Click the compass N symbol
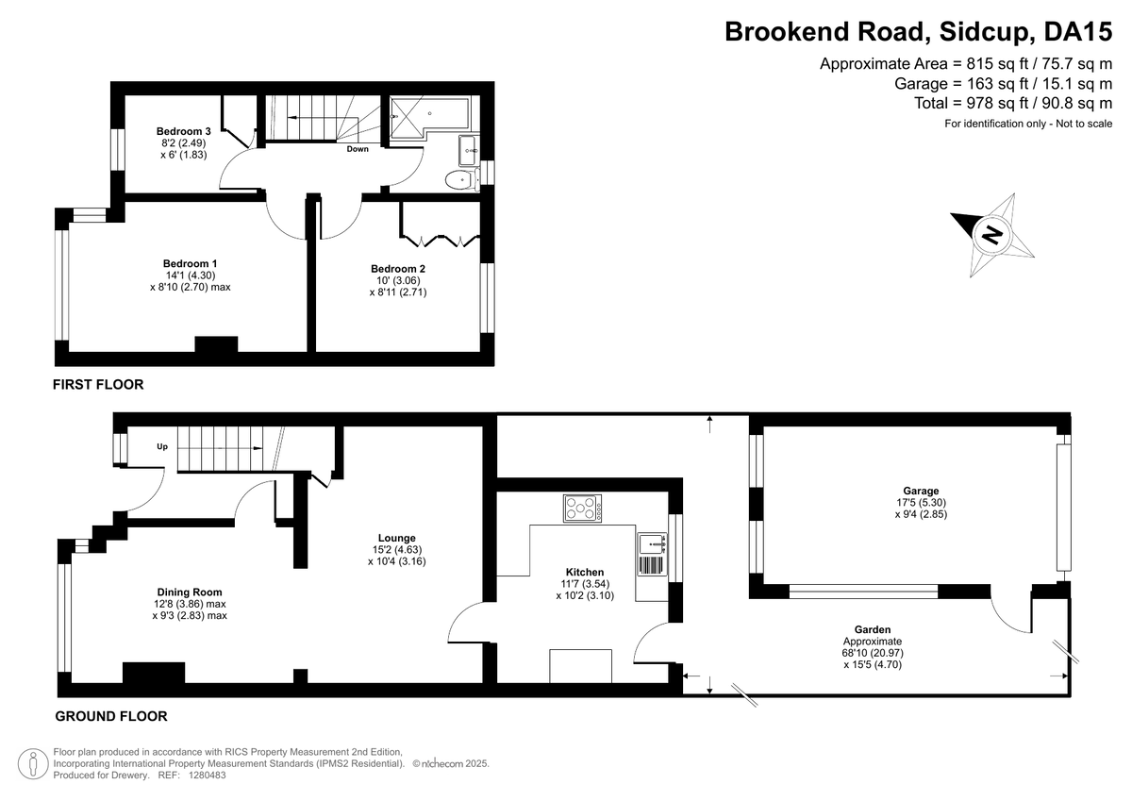pyautogui.click(x=992, y=235)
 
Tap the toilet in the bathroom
pyautogui.click(x=462, y=180)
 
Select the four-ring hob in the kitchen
pyautogui.click(x=582, y=508)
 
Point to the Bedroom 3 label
pyautogui.click(x=183, y=131)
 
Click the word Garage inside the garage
pyautogui.click(x=921, y=491)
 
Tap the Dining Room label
pyautogui.click(x=190, y=592)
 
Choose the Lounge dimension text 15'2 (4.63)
pyautogui.click(x=397, y=549)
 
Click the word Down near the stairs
pyautogui.click(x=358, y=149)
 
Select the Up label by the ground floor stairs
pyautogui.click(x=162, y=447)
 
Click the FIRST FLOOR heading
pyautogui.click(x=98, y=385)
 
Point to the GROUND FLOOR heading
pyautogui.click(x=111, y=716)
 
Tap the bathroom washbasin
pyautogui.click(x=469, y=151)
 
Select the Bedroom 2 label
pyautogui.click(x=398, y=269)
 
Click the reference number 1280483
pyautogui.click(x=208, y=776)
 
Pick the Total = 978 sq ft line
pyautogui.click(x=1013, y=103)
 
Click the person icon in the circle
pyautogui.click(x=33, y=763)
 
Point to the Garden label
pyautogui.click(x=873, y=629)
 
